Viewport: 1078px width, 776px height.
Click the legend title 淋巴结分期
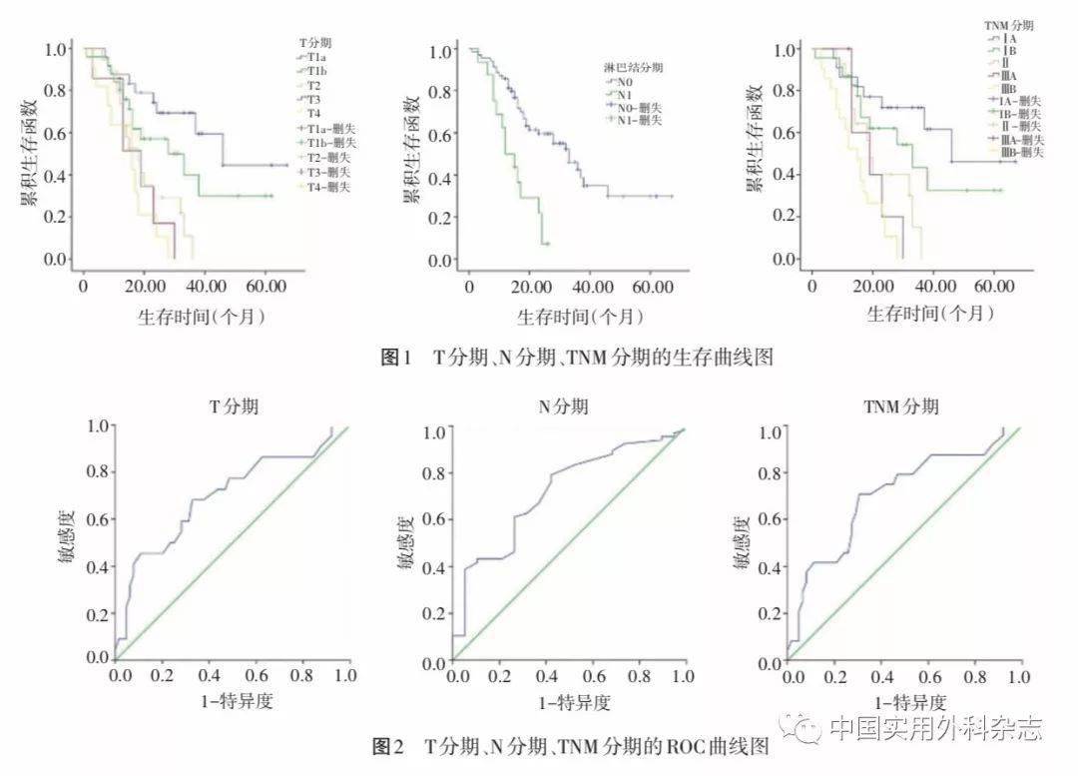tap(634, 67)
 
